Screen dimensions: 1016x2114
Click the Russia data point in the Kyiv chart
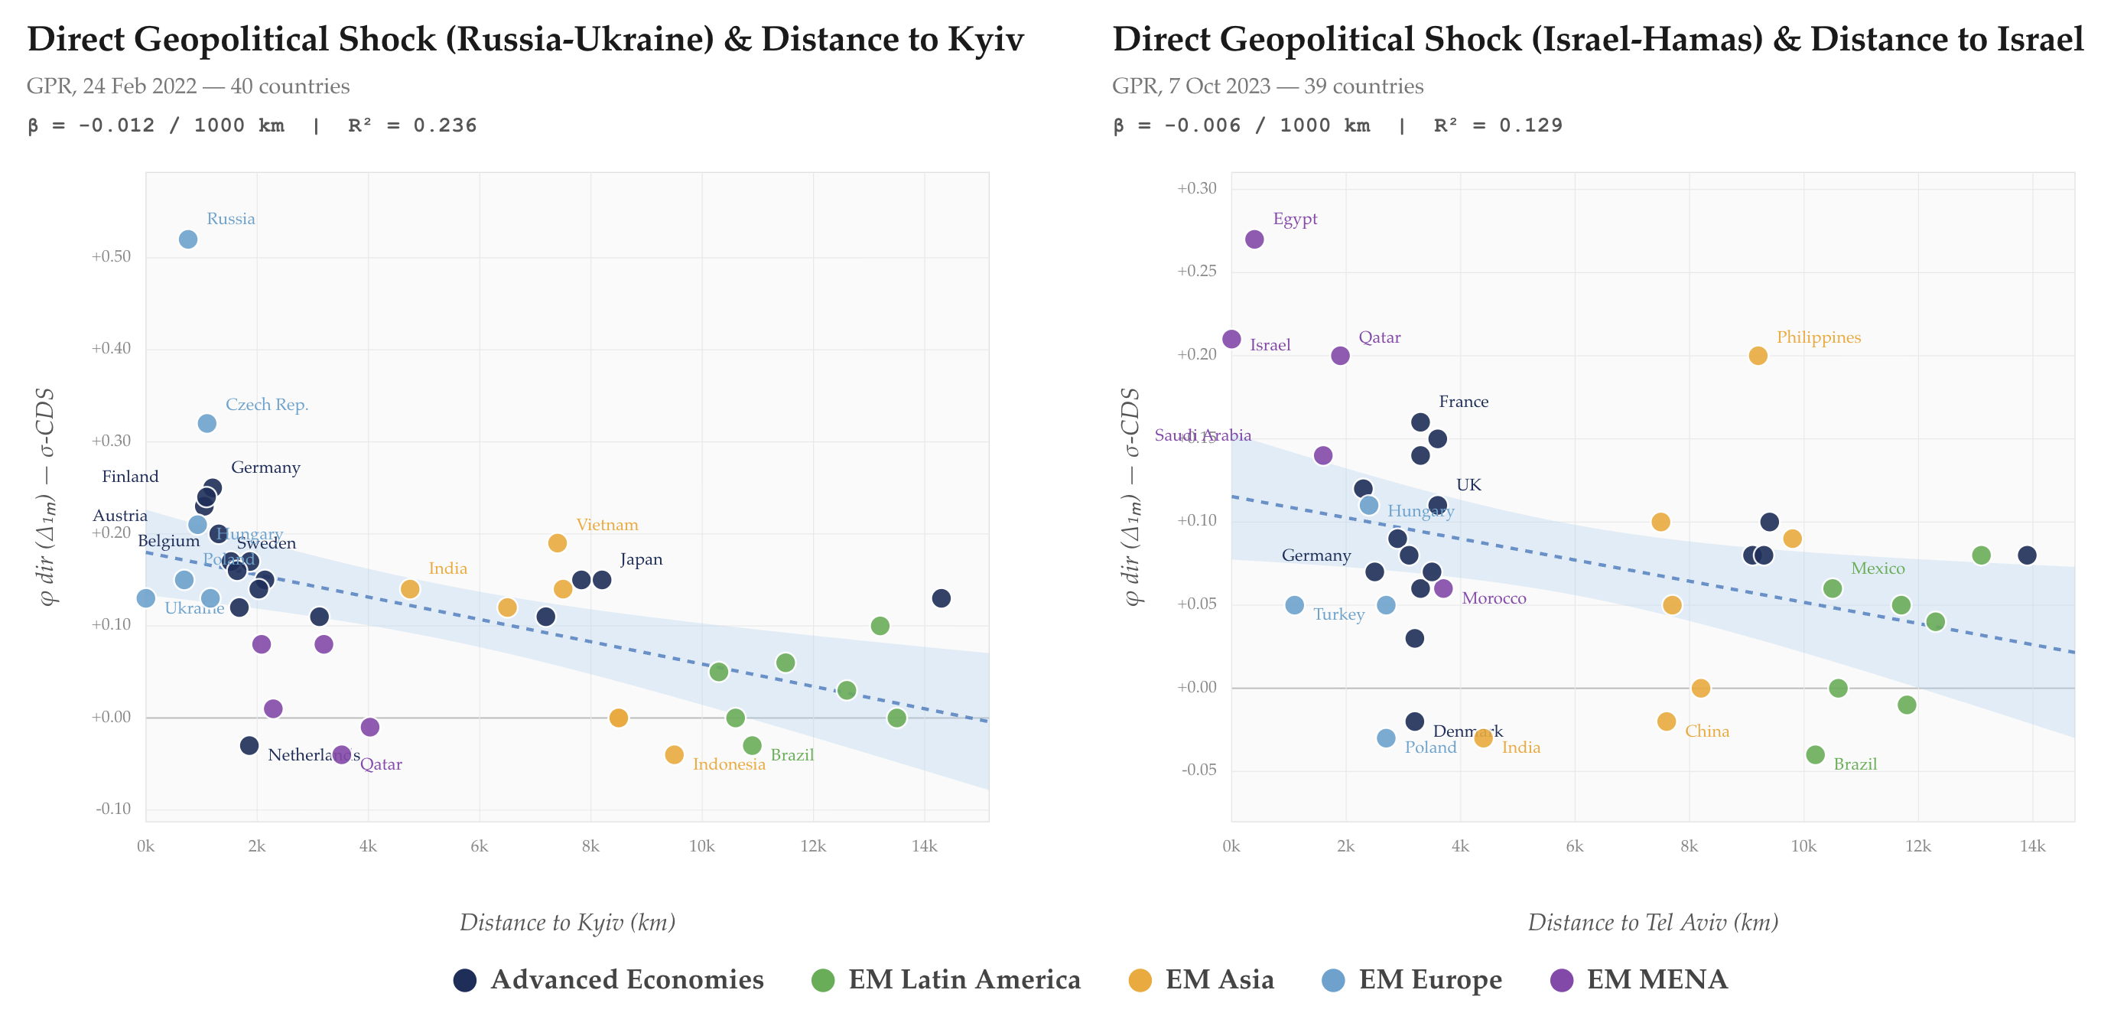point(188,239)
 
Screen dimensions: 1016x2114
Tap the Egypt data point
point(1254,239)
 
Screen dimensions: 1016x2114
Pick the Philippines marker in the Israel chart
point(1758,355)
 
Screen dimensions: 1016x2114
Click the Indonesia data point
point(674,754)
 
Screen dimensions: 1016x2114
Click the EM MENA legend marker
point(1561,980)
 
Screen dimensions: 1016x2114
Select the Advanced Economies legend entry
point(608,979)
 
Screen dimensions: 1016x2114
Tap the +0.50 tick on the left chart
point(111,257)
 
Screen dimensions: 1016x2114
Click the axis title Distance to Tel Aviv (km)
point(1652,923)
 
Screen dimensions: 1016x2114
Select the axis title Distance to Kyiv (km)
point(567,923)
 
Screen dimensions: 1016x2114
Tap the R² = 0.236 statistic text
point(412,125)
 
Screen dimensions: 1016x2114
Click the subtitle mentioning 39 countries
point(1267,86)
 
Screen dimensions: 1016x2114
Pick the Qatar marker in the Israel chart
point(1340,355)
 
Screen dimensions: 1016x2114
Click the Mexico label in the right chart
point(1878,568)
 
